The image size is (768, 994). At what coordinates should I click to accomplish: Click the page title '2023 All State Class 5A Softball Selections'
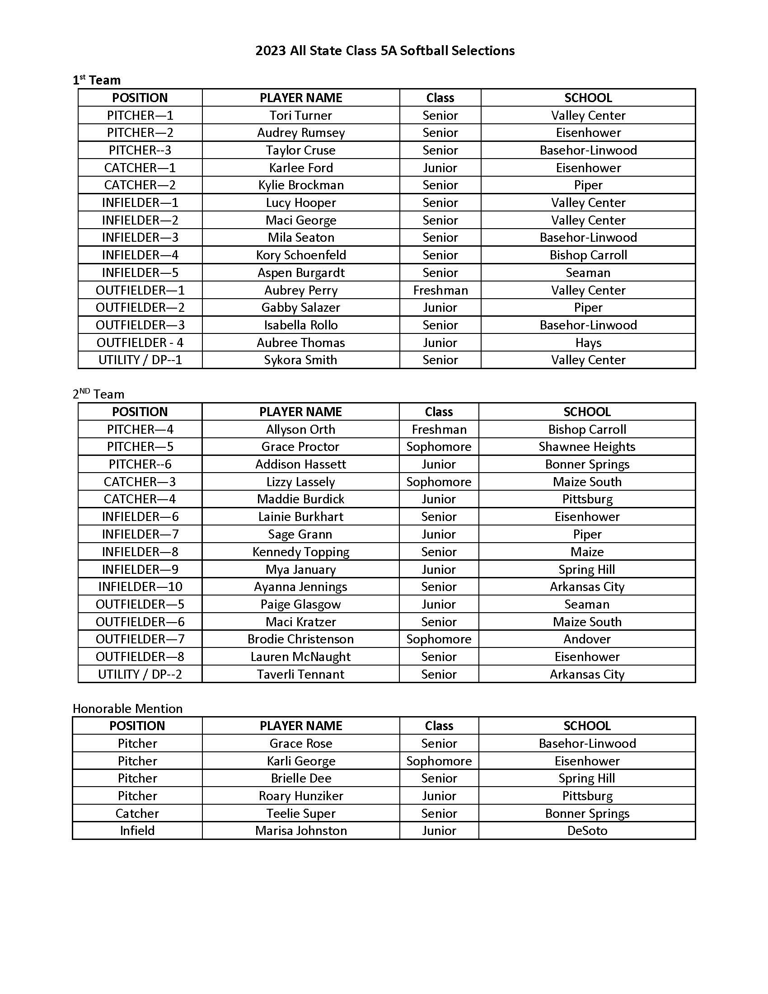[384, 51]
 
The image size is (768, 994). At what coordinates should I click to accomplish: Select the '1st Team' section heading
[97, 80]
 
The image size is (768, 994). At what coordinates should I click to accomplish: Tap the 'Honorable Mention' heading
[127, 708]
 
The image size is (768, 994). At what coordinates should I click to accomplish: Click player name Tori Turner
[301, 115]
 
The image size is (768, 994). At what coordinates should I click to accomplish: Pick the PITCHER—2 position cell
[140, 132]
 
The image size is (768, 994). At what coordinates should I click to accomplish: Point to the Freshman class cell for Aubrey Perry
[440, 290]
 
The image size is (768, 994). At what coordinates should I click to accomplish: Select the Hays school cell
[588, 342]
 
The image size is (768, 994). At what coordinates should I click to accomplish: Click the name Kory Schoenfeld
[301, 255]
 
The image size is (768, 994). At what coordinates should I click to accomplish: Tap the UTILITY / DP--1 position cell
[140, 360]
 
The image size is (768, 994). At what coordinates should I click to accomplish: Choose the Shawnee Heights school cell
[587, 446]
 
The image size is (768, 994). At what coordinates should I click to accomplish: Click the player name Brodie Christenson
[300, 639]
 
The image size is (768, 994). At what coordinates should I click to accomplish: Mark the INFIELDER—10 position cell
[140, 586]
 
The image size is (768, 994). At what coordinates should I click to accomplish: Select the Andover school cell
[587, 639]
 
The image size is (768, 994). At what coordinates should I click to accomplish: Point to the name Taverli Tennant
[300, 674]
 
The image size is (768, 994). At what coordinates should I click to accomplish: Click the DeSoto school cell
[587, 830]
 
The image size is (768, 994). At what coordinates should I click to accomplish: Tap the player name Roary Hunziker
[301, 796]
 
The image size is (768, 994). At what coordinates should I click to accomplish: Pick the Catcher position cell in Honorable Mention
[137, 813]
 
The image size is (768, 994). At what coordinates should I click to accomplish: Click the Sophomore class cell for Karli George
[439, 761]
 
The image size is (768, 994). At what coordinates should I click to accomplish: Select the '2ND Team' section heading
[98, 394]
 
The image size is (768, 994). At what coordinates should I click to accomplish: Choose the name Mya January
[300, 569]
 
